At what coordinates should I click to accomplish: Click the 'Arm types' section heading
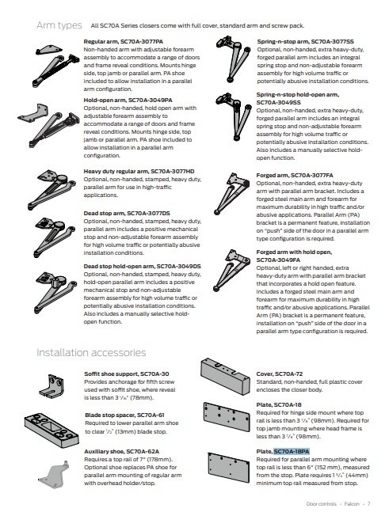pyautogui.click(x=59, y=25)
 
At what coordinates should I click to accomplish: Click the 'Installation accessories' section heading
pyautogui.click(x=91, y=353)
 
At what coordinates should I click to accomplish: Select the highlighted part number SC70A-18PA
pyautogui.click(x=292, y=451)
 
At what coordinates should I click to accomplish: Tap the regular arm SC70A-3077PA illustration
pyautogui.click(x=56, y=66)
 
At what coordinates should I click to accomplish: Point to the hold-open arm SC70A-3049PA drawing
pyautogui.click(x=49, y=125)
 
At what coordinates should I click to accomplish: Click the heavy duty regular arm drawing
pyautogui.click(x=52, y=189)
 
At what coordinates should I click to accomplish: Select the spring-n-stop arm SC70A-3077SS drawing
pyautogui.click(x=234, y=59)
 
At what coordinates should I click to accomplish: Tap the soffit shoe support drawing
pyautogui.click(x=51, y=386)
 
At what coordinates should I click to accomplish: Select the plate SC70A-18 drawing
pyautogui.click(x=227, y=417)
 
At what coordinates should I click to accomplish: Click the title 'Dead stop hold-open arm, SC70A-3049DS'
pyautogui.click(x=142, y=266)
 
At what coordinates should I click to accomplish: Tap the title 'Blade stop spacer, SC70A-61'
pyautogui.click(x=124, y=415)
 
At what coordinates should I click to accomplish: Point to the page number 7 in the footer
pyautogui.click(x=368, y=504)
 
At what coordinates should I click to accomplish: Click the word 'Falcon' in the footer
pyautogui.click(x=352, y=504)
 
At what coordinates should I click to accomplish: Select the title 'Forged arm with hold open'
pyautogui.click(x=294, y=252)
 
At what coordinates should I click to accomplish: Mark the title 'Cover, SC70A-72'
pyautogui.click(x=280, y=374)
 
